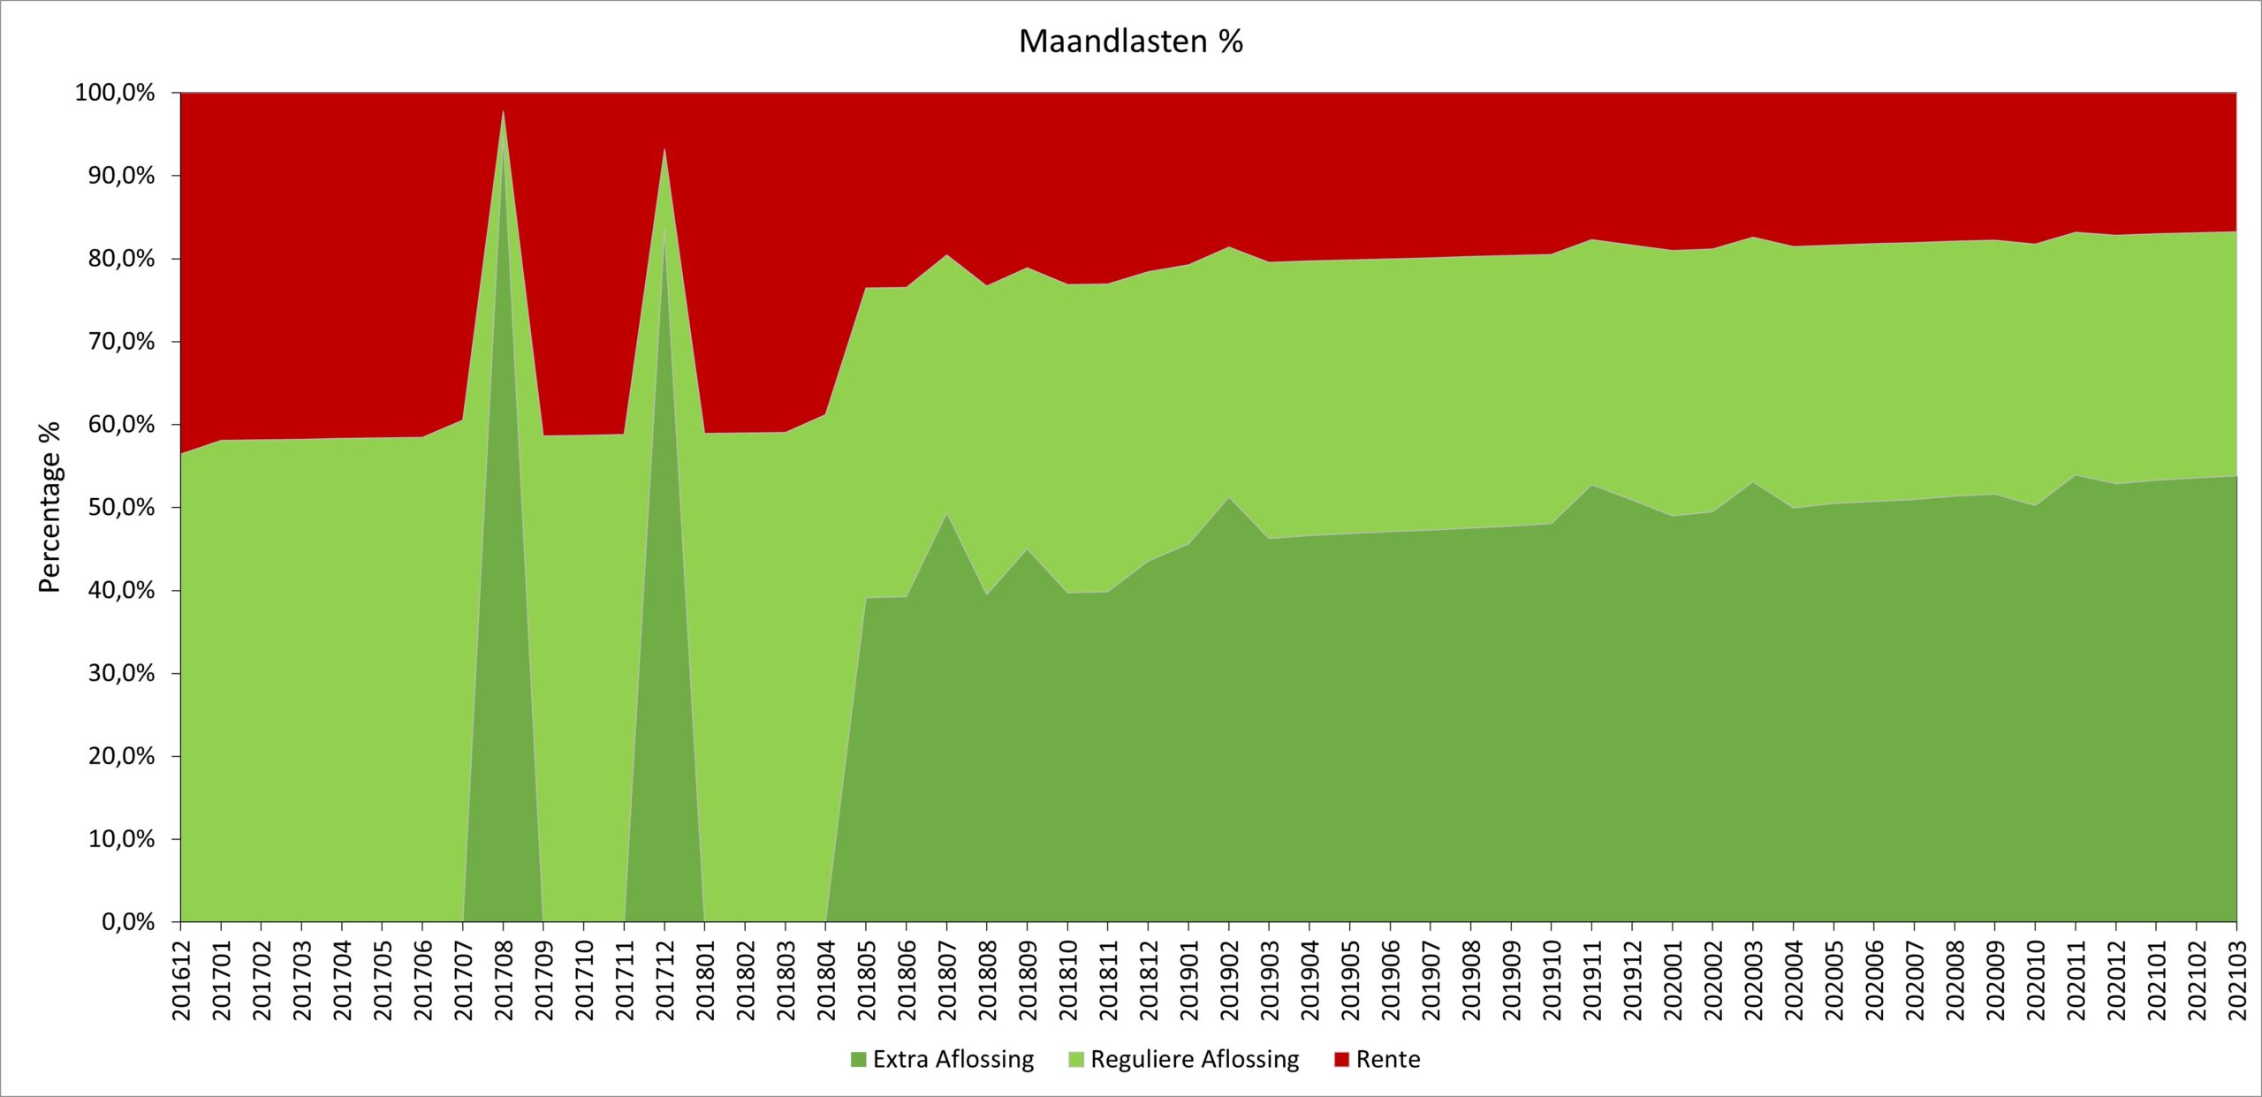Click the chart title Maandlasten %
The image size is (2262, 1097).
pos(1130,42)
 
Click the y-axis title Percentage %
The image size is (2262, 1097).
pos(49,507)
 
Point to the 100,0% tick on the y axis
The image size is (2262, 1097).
pos(115,93)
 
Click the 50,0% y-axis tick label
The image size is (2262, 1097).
pos(121,508)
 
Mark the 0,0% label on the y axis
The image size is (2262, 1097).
pos(127,922)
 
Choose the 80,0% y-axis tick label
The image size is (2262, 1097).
pos(121,259)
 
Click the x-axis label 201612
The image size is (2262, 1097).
pos(181,980)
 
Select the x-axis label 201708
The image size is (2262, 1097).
pos(504,980)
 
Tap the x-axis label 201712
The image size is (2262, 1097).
pos(664,980)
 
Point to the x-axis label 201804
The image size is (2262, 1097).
pos(826,980)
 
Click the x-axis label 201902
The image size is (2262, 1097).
pos(1229,980)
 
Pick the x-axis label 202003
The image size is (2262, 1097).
pos(1753,980)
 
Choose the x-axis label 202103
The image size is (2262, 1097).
pos(2236,980)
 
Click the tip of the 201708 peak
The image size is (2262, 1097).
pos(503,111)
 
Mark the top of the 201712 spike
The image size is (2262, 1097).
pos(664,149)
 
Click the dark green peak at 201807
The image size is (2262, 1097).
pos(946,514)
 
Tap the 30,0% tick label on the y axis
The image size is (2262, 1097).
pos(121,674)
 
